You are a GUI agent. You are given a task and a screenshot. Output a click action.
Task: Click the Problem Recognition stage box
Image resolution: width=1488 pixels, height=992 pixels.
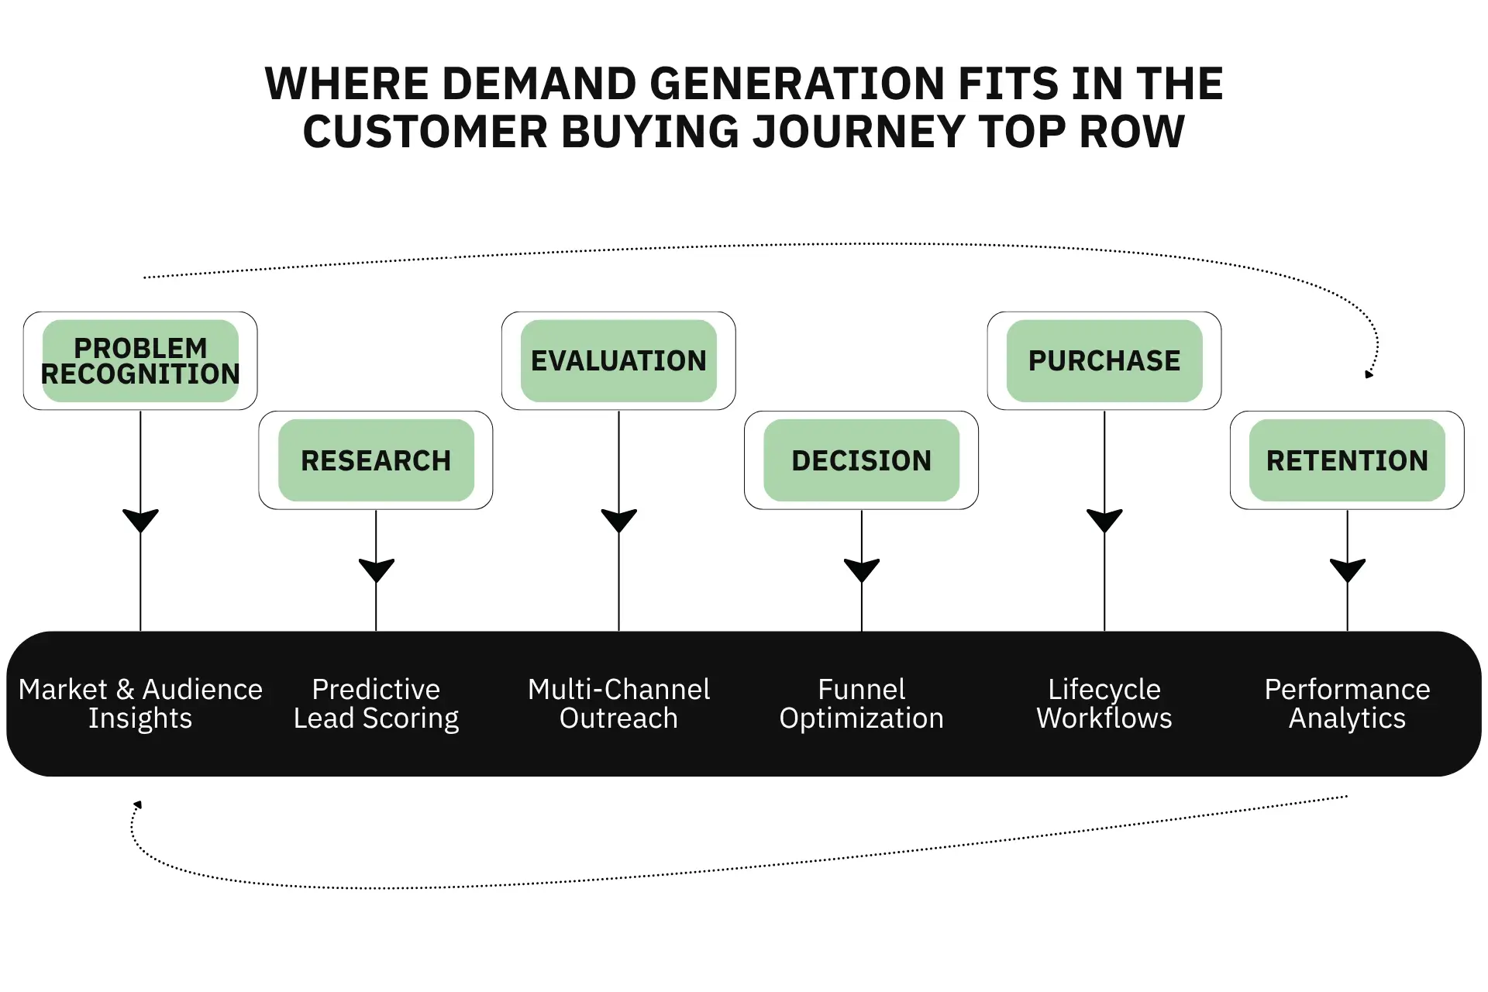tap(140, 361)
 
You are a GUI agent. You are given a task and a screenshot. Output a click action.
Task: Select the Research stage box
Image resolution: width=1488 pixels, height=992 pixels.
tap(376, 460)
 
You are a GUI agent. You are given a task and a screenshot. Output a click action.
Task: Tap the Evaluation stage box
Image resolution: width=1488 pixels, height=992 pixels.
tap(618, 361)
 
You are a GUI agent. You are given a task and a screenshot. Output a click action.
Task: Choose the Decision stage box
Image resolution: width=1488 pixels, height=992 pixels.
tap(861, 460)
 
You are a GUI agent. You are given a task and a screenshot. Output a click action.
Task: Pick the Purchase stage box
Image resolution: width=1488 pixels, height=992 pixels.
tap(1104, 361)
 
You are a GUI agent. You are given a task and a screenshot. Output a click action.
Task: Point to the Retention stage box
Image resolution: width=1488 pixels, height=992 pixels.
tap(1347, 460)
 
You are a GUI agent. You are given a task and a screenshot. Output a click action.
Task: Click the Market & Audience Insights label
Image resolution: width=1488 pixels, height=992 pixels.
tap(140, 704)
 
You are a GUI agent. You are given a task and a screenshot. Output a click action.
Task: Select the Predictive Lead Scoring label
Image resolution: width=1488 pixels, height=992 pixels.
tap(376, 704)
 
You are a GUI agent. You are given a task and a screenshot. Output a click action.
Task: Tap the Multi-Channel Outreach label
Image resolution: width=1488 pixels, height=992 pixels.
tap(618, 704)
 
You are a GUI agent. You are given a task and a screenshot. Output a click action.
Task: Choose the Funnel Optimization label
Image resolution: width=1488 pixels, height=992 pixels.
tap(861, 704)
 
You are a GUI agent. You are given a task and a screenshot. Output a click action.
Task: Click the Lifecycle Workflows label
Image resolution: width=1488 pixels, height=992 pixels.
tap(1104, 704)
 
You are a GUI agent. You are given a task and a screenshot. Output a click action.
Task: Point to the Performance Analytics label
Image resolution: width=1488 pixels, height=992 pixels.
tap(1347, 704)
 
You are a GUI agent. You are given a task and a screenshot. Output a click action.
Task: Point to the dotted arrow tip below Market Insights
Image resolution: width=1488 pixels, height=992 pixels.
tap(138, 804)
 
